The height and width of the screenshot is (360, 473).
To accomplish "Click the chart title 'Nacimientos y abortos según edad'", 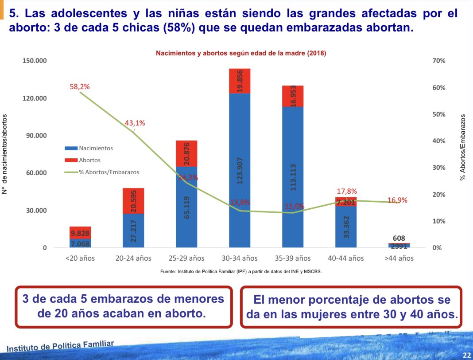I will pos(240,53).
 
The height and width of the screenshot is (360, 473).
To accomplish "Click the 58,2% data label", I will pos(80,87).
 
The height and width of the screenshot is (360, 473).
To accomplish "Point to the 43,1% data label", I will pos(135,123).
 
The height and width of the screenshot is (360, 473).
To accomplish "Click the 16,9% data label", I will pos(397,200).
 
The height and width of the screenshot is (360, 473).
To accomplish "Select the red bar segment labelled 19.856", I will pos(240,81).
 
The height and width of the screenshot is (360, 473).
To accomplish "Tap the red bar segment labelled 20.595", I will pos(133,201).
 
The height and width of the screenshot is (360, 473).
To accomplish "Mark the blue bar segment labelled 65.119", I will pos(186,207).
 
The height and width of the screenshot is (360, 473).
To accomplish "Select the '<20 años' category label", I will pos(80,258).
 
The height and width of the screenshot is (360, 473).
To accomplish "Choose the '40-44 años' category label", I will pos(346,258).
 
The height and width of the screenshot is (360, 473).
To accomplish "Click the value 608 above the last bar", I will pos(399,238).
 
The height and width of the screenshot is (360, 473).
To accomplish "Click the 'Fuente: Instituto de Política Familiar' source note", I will pos(240,272).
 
